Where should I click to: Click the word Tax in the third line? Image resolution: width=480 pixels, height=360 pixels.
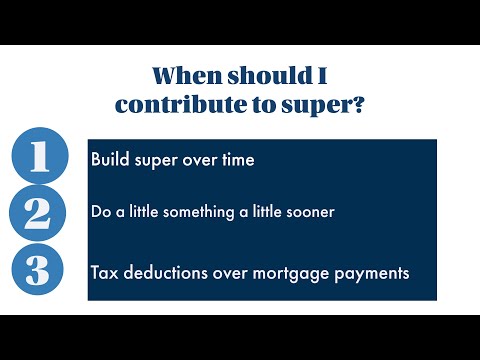point(104,272)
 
